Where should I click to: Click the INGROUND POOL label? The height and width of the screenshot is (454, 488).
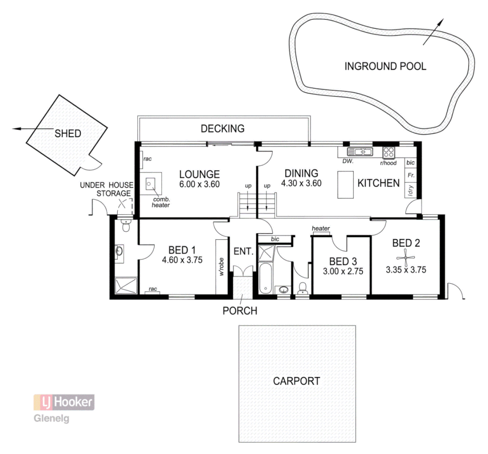pyautogui.click(x=385, y=66)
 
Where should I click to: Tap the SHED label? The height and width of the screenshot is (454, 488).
pyautogui.click(x=68, y=134)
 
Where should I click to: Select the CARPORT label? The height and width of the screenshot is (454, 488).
pyautogui.click(x=296, y=381)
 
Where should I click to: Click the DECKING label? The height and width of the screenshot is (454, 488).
pyautogui.click(x=222, y=128)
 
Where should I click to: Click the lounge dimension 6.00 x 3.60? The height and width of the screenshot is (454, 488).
pyautogui.click(x=199, y=184)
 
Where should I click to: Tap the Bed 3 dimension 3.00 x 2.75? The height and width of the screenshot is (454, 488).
pyautogui.click(x=343, y=272)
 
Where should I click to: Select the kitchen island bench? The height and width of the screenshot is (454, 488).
pyautogui.click(x=346, y=184)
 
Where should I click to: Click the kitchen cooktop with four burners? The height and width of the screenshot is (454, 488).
pyautogui.click(x=388, y=152)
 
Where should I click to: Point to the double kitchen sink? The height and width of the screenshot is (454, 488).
pyautogui.click(x=360, y=152)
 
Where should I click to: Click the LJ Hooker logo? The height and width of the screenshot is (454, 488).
pyautogui.click(x=64, y=402)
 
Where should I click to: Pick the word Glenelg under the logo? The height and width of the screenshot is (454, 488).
pyautogui.click(x=51, y=419)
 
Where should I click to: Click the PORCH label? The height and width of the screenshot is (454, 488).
pyautogui.click(x=240, y=311)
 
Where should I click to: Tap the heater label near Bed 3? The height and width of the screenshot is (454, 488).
pyautogui.click(x=321, y=229)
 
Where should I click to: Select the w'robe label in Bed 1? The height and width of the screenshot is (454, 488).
pyautogui.click(x=221, y=267)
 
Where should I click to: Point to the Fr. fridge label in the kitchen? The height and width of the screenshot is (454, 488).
pyautogui.click(x=411, y=175)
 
